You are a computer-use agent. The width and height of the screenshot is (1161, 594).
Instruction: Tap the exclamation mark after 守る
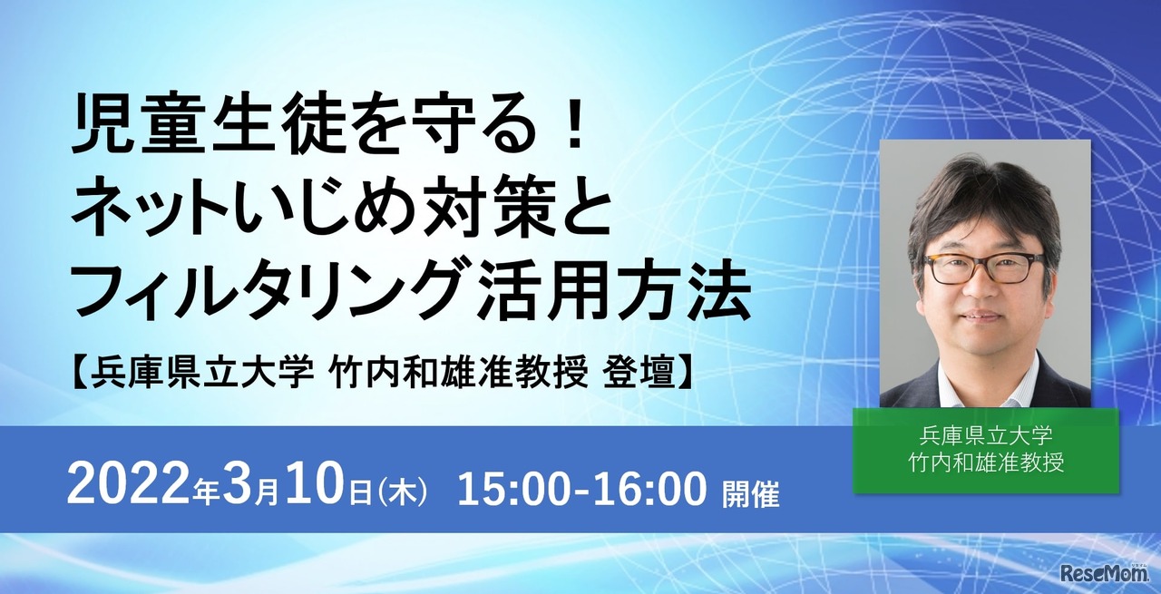(x=571, y=133)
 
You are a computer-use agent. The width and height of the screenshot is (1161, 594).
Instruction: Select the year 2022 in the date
(x=128, y=490)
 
